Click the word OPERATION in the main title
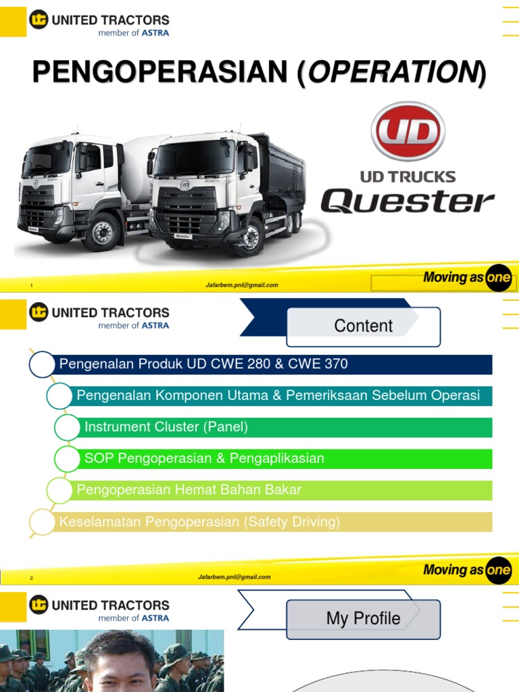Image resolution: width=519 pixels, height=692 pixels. click(x=392, y=72)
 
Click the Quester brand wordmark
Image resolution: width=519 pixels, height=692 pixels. click(x=407, y=201)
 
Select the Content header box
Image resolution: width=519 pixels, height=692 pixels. click(x=364, y=326)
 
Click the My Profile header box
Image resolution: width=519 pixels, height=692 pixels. click(x=364, y=618)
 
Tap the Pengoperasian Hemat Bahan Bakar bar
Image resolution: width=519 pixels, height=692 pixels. click(x=284, y=490)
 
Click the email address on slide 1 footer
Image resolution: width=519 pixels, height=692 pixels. click(x=242, y=285)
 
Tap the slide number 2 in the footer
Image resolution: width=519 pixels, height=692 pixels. click(x=31, y=578)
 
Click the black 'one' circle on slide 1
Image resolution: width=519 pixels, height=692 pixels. click(x=499, y=278)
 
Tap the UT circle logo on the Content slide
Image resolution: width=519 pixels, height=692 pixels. click(x=39, y=313)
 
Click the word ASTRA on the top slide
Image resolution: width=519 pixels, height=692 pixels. click(x=155, y=32)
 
